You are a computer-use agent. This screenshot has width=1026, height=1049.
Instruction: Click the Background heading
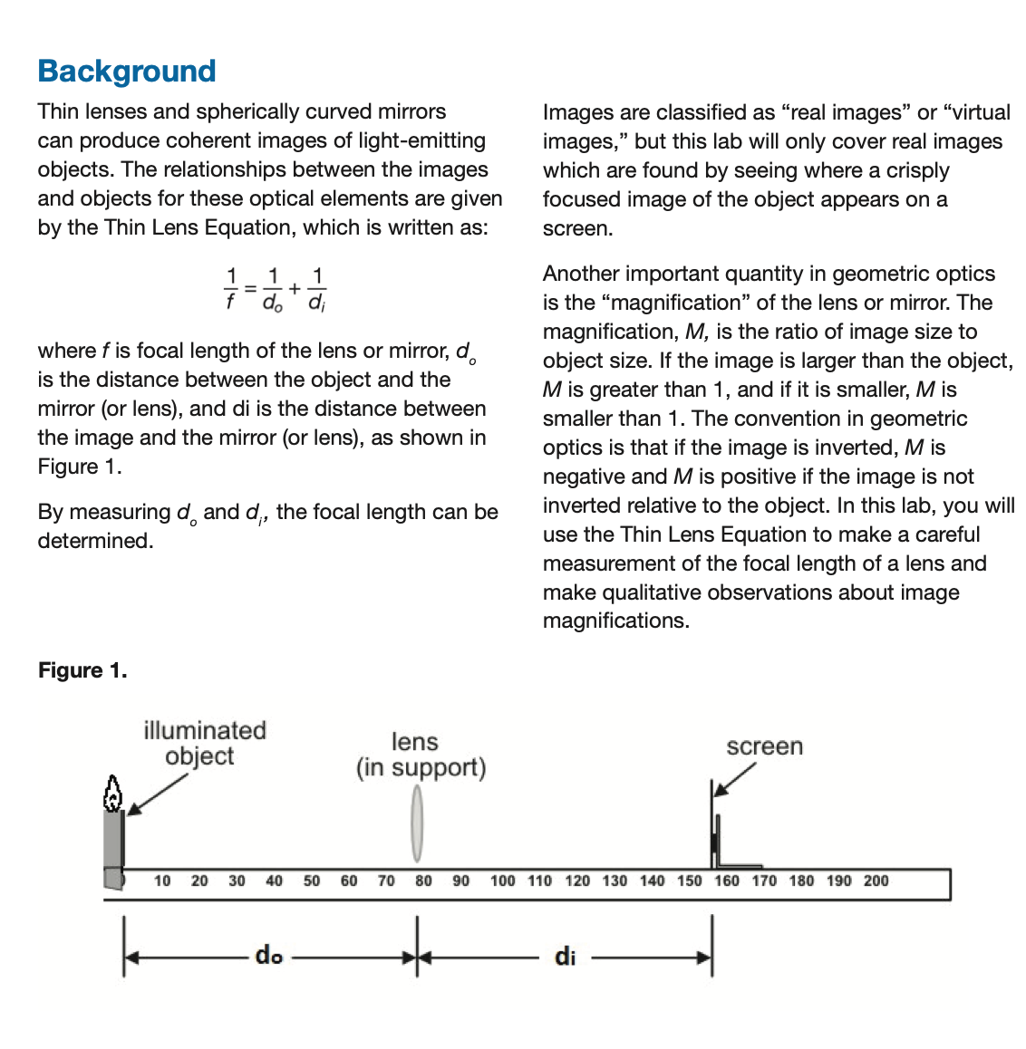127,71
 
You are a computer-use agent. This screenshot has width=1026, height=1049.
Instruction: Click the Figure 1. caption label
82,670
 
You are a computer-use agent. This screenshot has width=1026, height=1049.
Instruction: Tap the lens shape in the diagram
417,823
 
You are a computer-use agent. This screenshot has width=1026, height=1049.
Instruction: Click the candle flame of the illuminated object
112,794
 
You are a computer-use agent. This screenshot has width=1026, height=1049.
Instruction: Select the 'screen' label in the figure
764,746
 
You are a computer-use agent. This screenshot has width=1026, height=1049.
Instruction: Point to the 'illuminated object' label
204,743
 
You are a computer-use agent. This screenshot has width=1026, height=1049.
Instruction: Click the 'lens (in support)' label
421,755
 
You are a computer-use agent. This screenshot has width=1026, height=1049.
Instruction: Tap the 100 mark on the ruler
502,881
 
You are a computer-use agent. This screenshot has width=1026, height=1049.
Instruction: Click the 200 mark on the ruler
876,881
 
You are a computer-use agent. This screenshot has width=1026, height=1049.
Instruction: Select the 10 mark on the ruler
162,881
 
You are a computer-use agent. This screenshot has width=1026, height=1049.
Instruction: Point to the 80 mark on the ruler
423,881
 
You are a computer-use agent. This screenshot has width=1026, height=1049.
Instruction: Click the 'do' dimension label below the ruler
269,955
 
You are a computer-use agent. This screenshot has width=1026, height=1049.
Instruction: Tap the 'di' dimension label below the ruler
565,957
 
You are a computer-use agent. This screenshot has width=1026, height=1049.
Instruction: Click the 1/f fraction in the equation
230,288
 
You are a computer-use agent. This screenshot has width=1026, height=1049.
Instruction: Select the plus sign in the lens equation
295,288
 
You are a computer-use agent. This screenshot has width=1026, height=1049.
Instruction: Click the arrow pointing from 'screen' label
734,780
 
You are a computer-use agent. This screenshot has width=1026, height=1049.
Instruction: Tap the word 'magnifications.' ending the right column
615,621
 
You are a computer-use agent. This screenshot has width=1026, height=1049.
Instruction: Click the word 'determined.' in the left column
95,541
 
